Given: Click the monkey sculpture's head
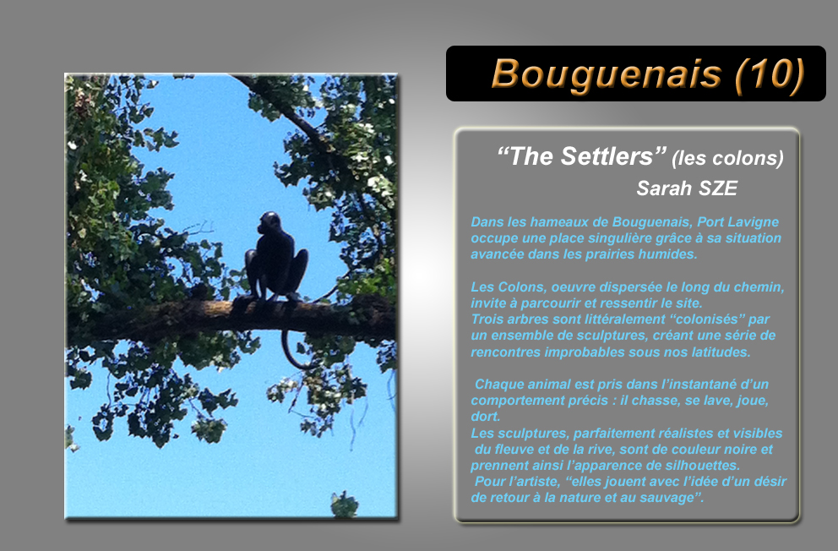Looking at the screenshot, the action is coord(269,223).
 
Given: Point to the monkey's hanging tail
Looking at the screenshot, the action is coord(291,350).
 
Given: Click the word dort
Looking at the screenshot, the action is coord(485,417).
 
